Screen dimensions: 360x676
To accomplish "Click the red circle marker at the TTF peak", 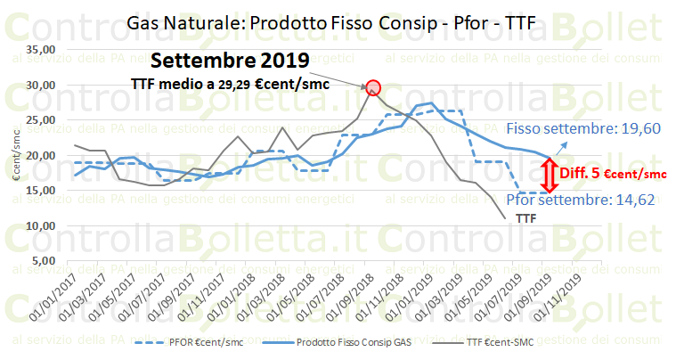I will coord(373,87).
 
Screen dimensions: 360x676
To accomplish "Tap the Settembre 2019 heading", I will coord(230,61).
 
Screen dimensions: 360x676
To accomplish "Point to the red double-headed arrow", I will coord(553,173).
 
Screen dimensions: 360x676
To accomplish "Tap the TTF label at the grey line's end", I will coord(527,217).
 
